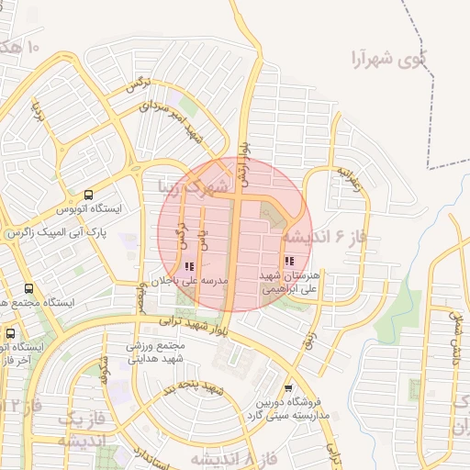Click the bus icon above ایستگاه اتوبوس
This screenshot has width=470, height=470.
click(89, 195)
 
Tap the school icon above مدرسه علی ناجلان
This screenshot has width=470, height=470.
click(189, 266)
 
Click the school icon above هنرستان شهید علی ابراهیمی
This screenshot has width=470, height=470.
click(290, 262)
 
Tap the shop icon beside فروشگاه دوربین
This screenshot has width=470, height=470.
click(290, 388)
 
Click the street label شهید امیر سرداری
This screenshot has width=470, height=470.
click(174, 120)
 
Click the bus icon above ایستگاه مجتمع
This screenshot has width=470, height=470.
click(30, 288)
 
